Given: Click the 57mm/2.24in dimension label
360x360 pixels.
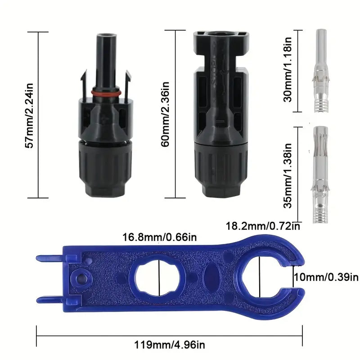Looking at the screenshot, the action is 29,116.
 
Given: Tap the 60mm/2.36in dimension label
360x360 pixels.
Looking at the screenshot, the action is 165,114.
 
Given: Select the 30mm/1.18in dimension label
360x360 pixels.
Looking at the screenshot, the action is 287,69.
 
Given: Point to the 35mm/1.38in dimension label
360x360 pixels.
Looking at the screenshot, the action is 287,175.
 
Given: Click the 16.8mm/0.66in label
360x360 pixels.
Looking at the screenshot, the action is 160,237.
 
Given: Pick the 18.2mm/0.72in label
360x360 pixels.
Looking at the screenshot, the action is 263,226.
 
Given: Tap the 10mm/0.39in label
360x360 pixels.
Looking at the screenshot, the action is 326,277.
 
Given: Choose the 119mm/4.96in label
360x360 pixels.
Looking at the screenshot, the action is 170,345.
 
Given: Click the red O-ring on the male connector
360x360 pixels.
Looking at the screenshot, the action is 106,92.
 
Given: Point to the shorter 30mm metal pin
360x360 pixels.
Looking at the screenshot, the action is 321,71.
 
